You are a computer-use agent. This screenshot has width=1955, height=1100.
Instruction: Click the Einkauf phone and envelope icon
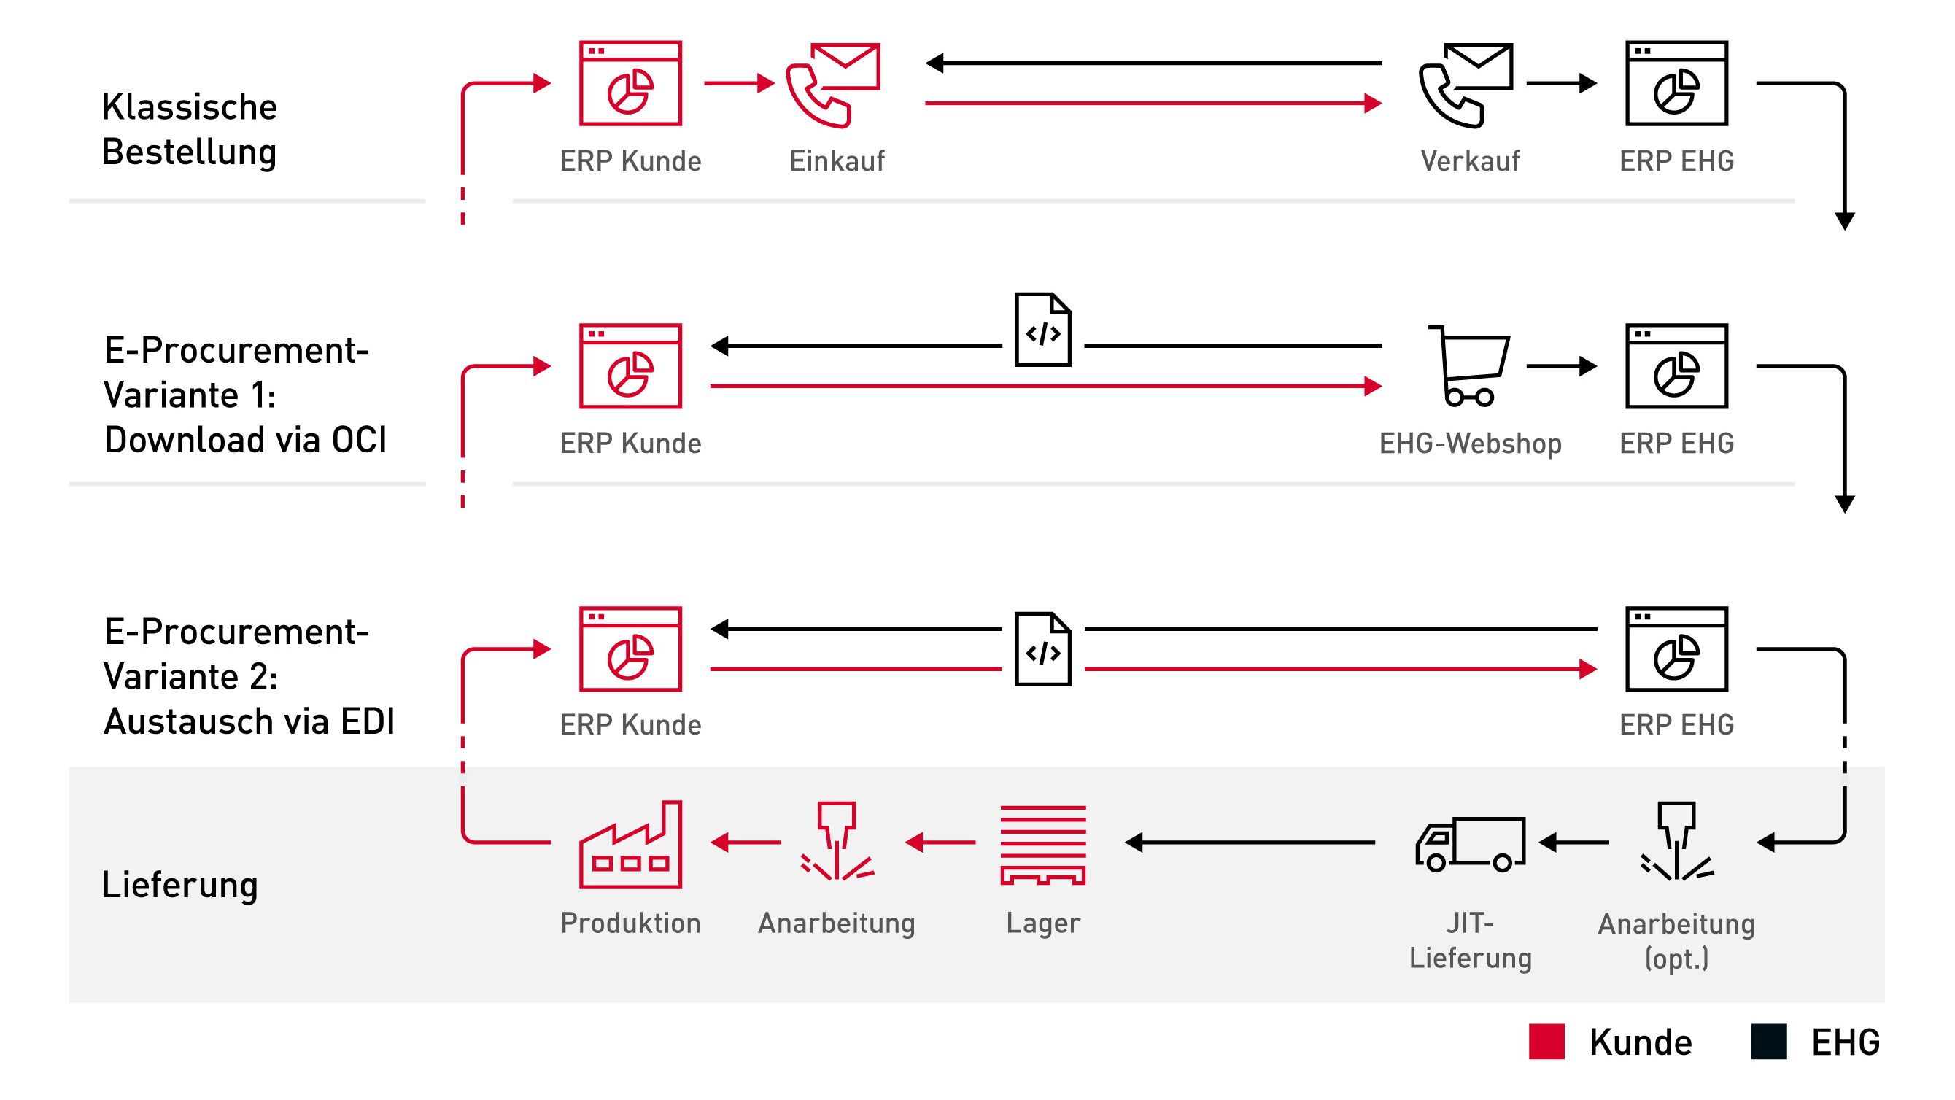[x=833, y=85]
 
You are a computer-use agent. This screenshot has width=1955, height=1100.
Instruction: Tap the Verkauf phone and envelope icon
[x=1467, y=85]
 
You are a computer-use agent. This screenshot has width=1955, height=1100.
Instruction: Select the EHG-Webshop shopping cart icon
[x=1469, y=366]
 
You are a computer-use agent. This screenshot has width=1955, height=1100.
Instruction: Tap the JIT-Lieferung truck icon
[x=1471, y=844]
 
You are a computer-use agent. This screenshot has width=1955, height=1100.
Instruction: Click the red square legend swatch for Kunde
[x=1546, y=1042]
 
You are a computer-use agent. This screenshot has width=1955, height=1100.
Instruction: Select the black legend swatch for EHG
[x=1769, y=1042]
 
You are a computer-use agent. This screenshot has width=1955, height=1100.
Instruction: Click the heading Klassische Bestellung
[x=190, y=129]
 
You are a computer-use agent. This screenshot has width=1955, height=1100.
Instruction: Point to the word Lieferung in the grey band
[x=180, y=885]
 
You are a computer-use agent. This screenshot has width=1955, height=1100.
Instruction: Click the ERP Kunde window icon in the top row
[x=631, y=83]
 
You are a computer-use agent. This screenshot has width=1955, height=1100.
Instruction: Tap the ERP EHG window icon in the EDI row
[x=1676, y=649]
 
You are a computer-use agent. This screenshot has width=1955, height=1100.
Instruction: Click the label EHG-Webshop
[x=1470, y=444]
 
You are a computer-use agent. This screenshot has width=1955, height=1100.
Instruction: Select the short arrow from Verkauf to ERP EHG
[x=1561, y=82]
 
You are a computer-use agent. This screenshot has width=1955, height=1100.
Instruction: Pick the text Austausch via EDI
[x=249, y=721]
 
